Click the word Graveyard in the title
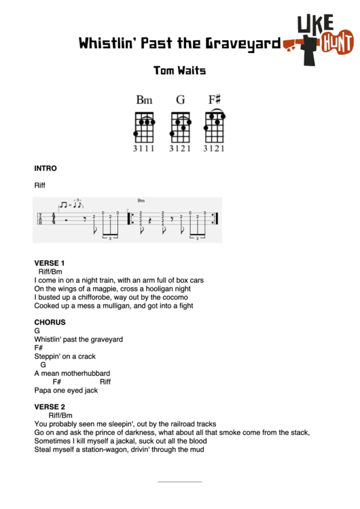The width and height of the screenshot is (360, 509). click(x=242, y=44)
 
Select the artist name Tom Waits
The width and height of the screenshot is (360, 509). click(x=179, y=70)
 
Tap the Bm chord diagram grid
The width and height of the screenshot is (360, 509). click(x=144, y=126)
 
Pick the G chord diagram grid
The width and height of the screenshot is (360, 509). click(x=180, y=126)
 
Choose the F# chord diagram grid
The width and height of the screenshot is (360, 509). click(x=215, y=126)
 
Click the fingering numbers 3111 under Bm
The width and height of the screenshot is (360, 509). click(x=144, y=147)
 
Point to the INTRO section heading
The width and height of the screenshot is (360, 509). click(x=46, y=168)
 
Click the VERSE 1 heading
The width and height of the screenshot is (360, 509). click(x=49, y=262)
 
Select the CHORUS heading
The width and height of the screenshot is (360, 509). click(x=50, y=322)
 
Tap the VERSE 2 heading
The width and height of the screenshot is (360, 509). click(x=49, y=406)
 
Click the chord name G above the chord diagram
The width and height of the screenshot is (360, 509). click(x=180, y=100)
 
